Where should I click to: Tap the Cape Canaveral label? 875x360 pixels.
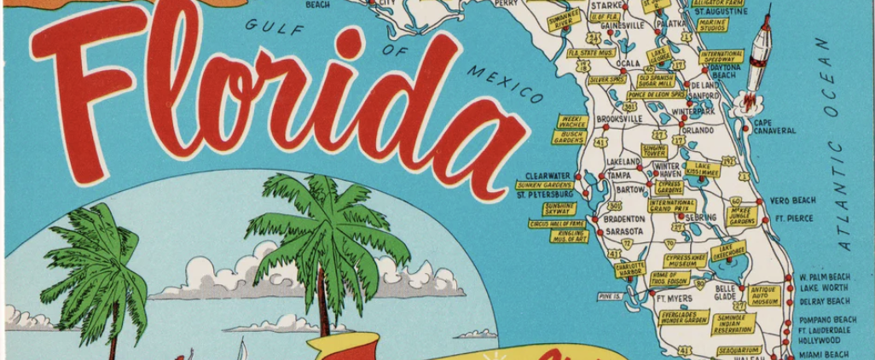click(774, 126)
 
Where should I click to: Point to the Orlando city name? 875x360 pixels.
click(697, 131)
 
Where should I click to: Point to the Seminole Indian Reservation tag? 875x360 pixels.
click(733, 323)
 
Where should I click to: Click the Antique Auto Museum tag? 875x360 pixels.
click(765, 295)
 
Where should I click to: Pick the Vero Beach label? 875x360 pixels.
click(792, 200)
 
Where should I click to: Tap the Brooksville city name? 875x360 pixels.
click(619, 119)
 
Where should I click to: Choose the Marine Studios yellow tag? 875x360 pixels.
click(712, 26)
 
